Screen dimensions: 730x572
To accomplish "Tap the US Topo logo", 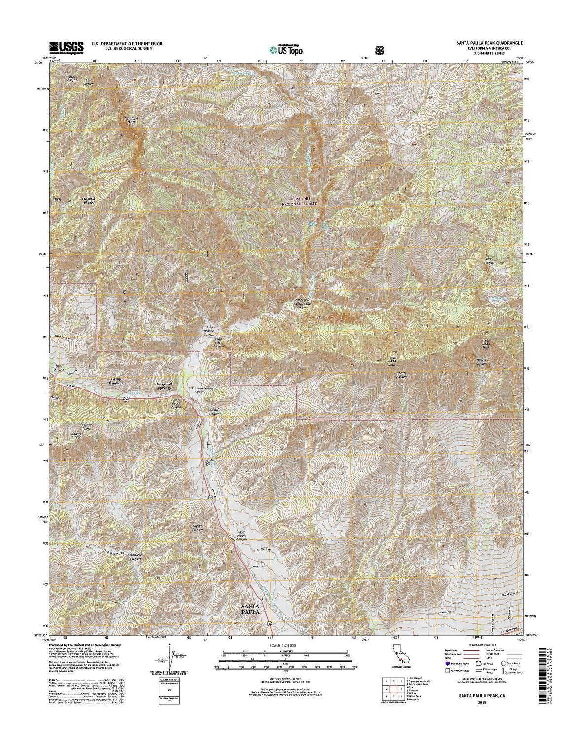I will click(x=286, y=49).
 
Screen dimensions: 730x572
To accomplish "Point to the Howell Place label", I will click(x=87, y=200).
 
